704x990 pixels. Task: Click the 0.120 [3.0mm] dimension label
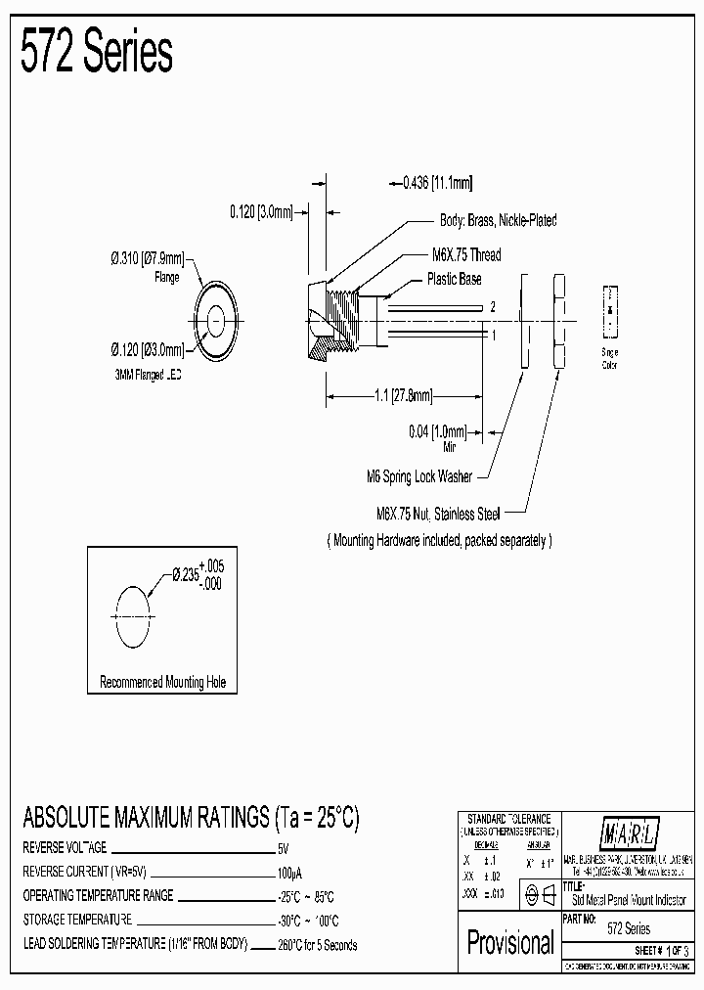pyautogui.click(x=261, y=211)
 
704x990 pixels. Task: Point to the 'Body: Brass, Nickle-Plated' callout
pyautogui.click(x=499, y=221)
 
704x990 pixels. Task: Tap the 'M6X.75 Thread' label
pyautogui.click(x=466, y=255)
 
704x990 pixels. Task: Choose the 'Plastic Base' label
pyautogui.click(x=454, y=279)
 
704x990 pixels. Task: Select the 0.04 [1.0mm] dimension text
pyautogui.click(x=437, y=430)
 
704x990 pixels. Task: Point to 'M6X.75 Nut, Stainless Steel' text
pyautogui.click(x=439, y=514)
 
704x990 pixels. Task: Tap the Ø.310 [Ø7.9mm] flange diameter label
pyautogui.click(x=147, y=259)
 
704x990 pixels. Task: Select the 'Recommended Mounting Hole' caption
pyautogui.click(x=162, y=683)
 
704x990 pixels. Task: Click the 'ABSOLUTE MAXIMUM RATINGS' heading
pyautogui.click(x=191, y=818)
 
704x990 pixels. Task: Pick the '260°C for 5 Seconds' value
pyautogui.click(x=318, y=945)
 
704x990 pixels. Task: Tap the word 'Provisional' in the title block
pyautogui.click(x=510, y=943)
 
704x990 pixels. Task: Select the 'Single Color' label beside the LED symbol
pyautogui.click(x=609, y=357)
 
